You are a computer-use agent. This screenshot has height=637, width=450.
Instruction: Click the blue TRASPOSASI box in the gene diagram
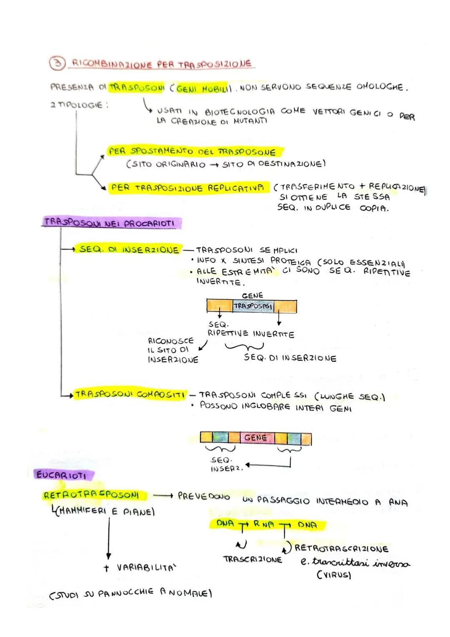(x=253, y=306)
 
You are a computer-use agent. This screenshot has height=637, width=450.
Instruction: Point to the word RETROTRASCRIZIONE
(x=342, y=549)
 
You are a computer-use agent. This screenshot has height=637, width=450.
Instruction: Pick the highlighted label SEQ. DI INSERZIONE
(x=129, y=249)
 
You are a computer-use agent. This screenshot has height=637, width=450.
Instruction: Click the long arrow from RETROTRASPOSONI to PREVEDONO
(x=163, y=496)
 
